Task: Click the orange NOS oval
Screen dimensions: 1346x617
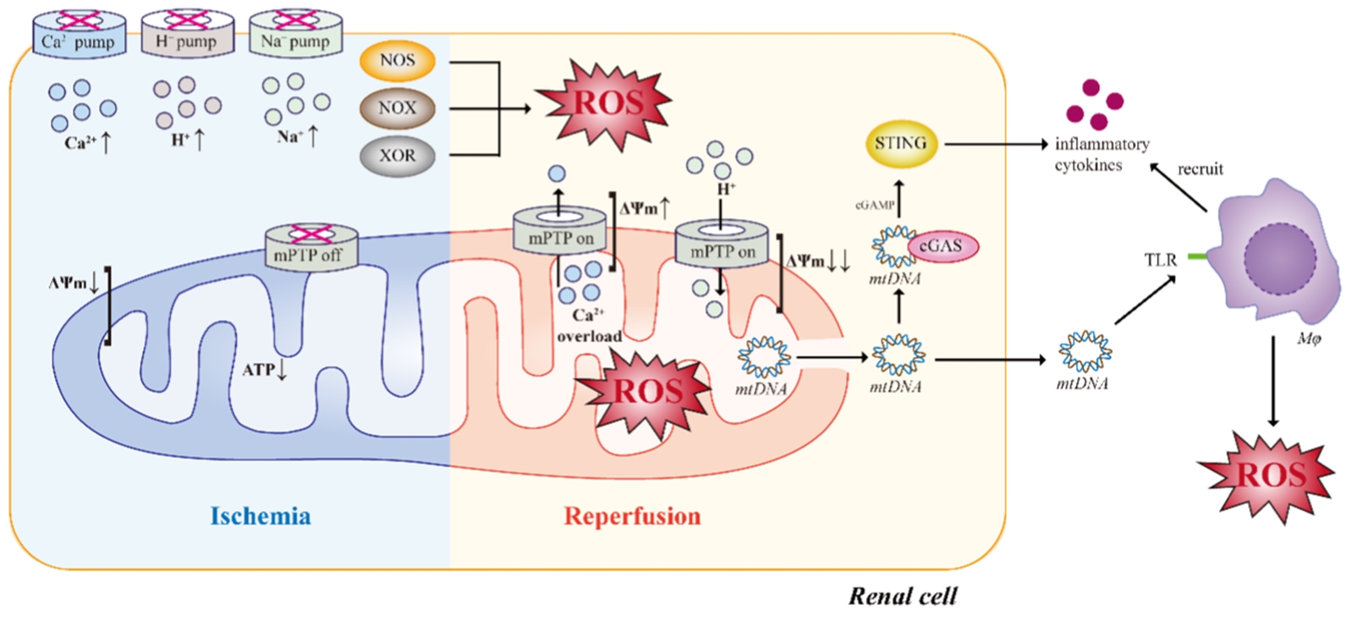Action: click(397, 61)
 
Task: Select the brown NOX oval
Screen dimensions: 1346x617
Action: click(397, 108)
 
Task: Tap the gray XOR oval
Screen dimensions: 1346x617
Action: click(397, 156)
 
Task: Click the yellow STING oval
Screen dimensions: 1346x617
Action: click(901, 144)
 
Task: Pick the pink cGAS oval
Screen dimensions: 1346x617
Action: click(942, 246)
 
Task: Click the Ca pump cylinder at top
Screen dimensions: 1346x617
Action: click(80, 33)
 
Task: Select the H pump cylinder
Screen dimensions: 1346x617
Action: click(187, 33)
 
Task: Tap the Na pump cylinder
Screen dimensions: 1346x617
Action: click(295, 33)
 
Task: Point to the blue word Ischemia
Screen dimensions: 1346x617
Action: click(261, 516)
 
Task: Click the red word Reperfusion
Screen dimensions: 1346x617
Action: click(632, 516)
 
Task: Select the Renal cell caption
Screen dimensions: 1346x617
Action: click(903, 596)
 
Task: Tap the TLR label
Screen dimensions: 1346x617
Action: click(1161, 260)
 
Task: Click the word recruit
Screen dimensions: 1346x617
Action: click(1200, 169)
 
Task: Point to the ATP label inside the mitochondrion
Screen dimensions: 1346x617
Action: click(265, 369)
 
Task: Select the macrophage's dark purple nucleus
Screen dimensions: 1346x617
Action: click(1280, 259)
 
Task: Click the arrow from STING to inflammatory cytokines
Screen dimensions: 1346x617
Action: click(997, 145)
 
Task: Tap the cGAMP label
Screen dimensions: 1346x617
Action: click(874, 205)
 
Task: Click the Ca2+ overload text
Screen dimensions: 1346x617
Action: click(589, 325)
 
